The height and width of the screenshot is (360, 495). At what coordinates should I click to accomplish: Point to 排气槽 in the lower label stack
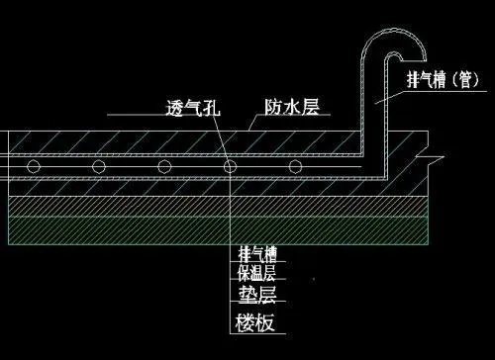[x=258, y=255]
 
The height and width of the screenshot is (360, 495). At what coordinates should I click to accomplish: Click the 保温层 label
[x=258, y=272]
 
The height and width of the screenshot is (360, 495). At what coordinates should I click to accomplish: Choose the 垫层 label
[x=258, y=294]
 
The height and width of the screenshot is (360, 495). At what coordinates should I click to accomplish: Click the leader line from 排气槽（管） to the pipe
[x=394, y=95]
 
